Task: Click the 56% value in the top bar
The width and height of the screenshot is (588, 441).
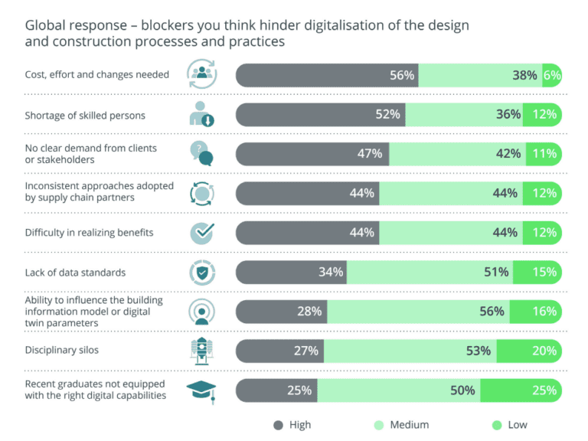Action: (401, 75)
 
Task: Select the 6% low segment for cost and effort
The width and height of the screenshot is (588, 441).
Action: (552, 75)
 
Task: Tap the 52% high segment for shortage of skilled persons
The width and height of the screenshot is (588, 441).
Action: (387, 114)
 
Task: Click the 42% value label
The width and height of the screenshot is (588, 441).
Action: (508, 153)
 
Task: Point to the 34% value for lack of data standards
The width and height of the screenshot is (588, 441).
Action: (331, 272)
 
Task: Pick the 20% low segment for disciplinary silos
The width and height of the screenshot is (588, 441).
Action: (544, 351)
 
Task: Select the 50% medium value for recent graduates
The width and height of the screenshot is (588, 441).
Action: (462, 390)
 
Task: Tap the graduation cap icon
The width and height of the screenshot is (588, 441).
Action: (202, 390)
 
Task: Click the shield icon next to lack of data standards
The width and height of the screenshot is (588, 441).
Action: (202, 272)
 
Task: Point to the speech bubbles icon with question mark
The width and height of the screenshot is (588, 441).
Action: (201, 153)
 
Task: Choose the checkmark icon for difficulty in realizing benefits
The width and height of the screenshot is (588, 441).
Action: (202, 232)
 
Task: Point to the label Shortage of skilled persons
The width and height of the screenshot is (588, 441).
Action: (85, 115)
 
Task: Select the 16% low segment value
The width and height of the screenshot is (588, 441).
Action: (544, 311)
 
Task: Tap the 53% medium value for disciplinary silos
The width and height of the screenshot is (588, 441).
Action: (478, 351)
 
